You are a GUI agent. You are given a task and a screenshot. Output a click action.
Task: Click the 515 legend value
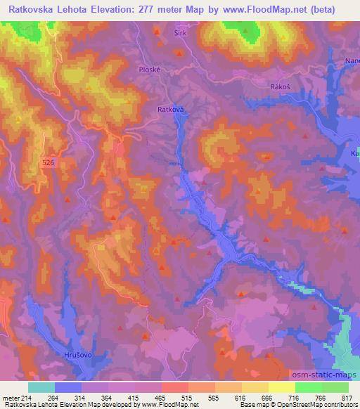[186, 397]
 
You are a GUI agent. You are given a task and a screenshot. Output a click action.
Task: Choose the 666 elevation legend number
[266, 397]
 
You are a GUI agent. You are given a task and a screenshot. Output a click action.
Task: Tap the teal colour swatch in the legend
[41, 387]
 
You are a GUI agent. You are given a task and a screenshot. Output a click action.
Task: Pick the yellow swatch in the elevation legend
[282, 387]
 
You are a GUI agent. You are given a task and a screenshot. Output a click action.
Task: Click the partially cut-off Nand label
[352, 62]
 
